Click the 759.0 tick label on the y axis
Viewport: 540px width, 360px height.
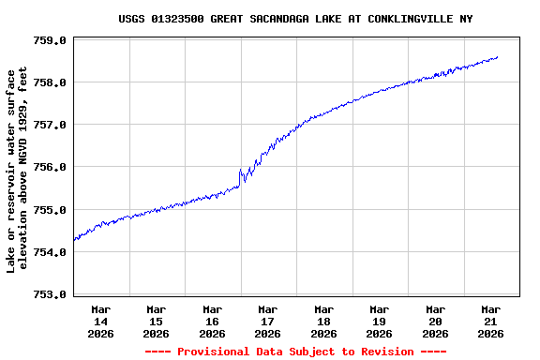pos(50,40)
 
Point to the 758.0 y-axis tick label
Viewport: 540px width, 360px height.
pos(50,82)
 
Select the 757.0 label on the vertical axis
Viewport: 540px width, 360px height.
pos(50,125)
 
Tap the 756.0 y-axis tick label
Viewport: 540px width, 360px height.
pos(50,167)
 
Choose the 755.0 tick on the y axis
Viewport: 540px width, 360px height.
pos(50,210)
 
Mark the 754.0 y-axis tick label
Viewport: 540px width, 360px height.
pos(50,252)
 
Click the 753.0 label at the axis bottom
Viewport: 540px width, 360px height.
pos(50,294)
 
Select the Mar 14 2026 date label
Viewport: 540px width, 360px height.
pos(100,321)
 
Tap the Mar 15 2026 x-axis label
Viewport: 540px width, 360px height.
pos(156,321)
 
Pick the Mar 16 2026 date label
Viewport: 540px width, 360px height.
pos(212,321)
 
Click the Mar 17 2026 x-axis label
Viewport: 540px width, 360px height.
pos(267,321)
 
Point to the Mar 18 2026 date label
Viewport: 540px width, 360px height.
pos(323,321)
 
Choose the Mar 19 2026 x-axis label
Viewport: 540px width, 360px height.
pos(379,321)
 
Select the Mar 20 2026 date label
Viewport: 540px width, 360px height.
pos(435,321)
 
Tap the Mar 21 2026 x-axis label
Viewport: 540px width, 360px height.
pos(490,321)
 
